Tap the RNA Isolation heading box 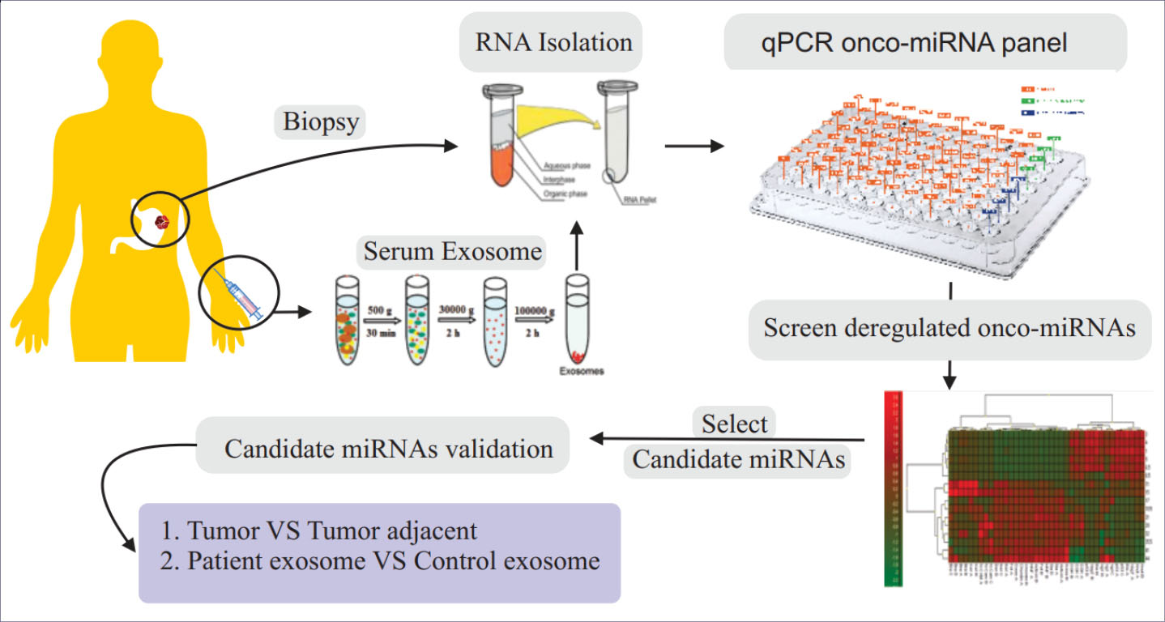(x=550, y=42)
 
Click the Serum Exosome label (x=452, y=252)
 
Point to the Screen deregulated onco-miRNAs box (x=949, y=330)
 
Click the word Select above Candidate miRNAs (x=735, y=424)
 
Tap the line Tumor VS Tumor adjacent (x=332, y=531)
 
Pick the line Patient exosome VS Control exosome (x=394, y=561)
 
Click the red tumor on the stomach (x=164, y=219)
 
